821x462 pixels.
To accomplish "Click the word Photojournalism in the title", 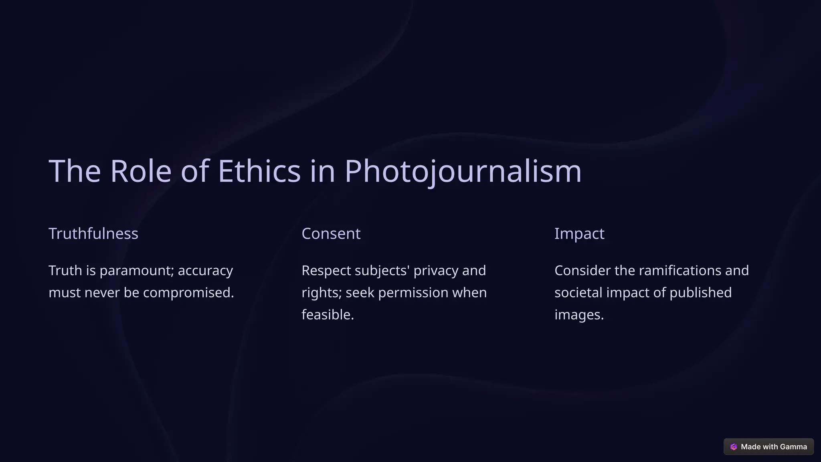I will [463, 171].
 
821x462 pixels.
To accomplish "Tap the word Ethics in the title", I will [259, 171].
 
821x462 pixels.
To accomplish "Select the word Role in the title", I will [141, 171].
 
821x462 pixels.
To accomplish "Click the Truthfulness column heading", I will [93, 233].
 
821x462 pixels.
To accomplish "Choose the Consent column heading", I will [331, 233].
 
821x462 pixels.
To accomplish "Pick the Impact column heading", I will [579, 233].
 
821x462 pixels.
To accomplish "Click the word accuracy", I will [205, 271].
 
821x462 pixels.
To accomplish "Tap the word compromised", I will [188, 293].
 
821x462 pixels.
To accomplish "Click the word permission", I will [413, 293].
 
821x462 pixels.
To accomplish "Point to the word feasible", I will [328, 315].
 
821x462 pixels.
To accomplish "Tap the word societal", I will [578, 293].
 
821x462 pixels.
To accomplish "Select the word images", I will [579, 315].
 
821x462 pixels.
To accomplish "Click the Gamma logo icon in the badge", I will [734, 447].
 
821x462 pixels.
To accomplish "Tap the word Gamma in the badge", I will [793, 447].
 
